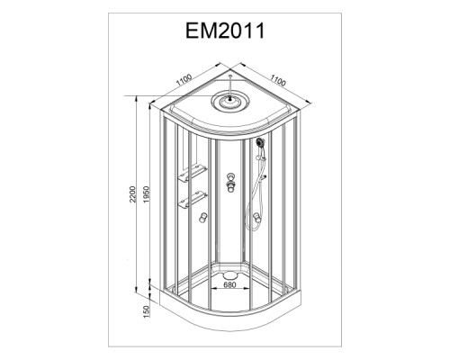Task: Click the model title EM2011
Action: click(225, 31)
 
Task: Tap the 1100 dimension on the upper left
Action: click(184, 80)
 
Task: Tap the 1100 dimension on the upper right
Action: click(278, 80)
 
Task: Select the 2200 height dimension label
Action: click(132, 194)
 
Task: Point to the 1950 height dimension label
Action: click(146, 194)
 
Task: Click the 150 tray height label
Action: click(146, 311)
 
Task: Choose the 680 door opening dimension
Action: click(229, 284)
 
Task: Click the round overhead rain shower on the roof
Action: click(230, 102)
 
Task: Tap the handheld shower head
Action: click(260, 142)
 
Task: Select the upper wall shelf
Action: click(193, 173)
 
